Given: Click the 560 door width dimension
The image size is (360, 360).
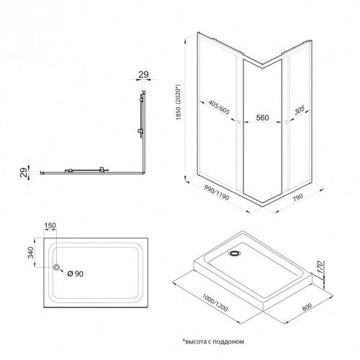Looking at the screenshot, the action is [x=262, y=117].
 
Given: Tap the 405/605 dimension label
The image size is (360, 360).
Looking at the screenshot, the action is [x=219, y=107].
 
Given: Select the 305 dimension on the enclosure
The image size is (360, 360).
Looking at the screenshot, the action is [x=300, y=110].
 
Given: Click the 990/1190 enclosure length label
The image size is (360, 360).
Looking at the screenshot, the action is [x=217, y=193].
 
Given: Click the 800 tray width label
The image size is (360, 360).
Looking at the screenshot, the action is [x=307, y=307].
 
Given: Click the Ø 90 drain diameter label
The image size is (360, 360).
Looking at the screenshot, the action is [x=76, y=274].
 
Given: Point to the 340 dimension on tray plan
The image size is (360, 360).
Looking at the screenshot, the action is [x=31, y=252].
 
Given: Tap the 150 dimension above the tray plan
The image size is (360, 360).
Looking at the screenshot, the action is [x=50, y=225].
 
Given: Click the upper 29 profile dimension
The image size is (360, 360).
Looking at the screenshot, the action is [x=143, y=75].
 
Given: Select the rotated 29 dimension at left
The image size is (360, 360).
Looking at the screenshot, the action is [x=24, y=173].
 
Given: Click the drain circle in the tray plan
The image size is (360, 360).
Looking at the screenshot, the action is [x=57, y=267].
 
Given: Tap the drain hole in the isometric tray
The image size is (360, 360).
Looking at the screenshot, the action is [x=234, y=253].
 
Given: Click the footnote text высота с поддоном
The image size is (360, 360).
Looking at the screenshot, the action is [x=213, y=341].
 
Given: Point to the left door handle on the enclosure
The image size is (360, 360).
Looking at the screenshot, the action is [x=238, y=122].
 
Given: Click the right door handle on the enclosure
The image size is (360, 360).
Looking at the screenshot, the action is [x=287, y=122].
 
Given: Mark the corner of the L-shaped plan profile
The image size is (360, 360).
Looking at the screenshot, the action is [x=144, y=173].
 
